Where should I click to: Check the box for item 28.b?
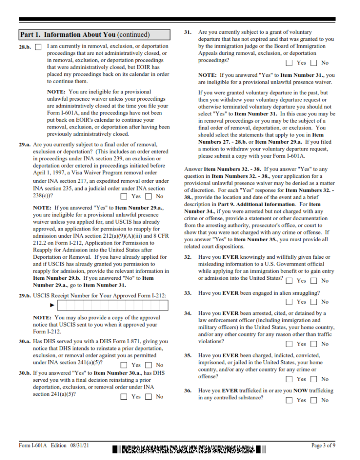(38, 47)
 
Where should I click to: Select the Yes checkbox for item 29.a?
(124, 196)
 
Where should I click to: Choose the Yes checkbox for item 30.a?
(124, 365)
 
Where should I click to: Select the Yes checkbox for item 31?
(289, 63)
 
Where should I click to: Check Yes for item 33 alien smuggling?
(289, 302)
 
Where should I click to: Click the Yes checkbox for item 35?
(289, 379)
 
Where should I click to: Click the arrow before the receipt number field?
(52, 305)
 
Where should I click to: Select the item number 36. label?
(188, 391)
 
